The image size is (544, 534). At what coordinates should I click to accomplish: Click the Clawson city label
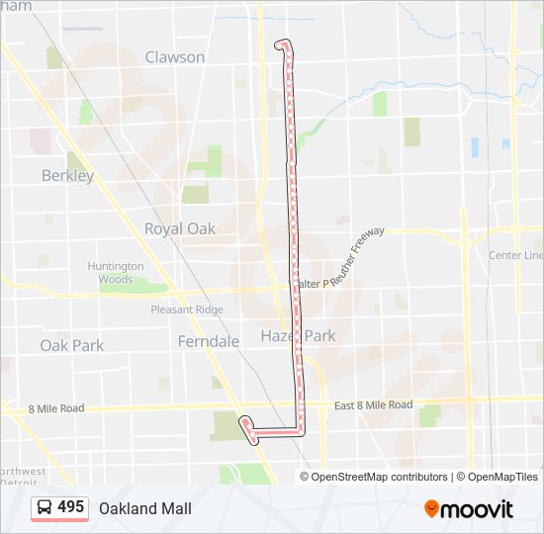(x=175, y=57)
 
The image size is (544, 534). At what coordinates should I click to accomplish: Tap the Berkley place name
(x=67, y=176)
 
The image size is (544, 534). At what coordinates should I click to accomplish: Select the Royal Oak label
(x=180, y=228)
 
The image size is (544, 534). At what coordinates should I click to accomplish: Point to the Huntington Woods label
(x=116, y=273)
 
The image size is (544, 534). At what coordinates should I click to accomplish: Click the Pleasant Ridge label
(x=187, y=310)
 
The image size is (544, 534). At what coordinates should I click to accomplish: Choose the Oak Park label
(x=71, y=345)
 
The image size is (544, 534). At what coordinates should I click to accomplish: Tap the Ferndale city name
(x=209, y=341)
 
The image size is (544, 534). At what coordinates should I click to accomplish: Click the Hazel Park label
(x=298, y=336)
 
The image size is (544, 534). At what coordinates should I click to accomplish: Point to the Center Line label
(x=515, y=255)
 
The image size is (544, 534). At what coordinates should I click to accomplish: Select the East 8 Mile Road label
(x=373, y=405)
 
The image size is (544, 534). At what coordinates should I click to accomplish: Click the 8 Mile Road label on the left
(x=56, y=408)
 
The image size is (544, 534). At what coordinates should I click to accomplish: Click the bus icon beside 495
(x=45, y=508)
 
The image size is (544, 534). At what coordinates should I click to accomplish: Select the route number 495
(x=70, y=507)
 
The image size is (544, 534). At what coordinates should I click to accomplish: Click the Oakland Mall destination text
(x=144, y=508)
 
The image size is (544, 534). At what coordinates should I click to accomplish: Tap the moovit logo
(x=469, y=509)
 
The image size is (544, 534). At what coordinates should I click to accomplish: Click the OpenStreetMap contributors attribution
(x=379, y=477)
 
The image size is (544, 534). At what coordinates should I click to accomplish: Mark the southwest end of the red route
(x=243, y=422)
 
